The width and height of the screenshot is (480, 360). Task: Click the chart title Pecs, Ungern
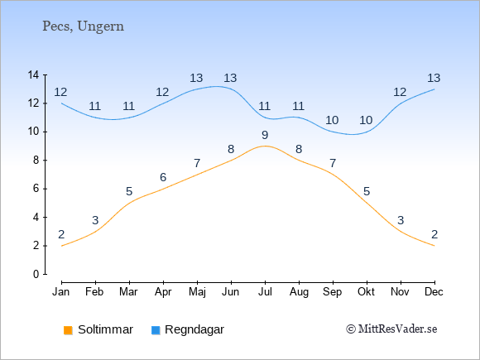click(83, 26)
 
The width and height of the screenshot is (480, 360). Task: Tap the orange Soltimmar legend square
click(68, 330)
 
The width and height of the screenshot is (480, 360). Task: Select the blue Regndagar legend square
click(156, 330)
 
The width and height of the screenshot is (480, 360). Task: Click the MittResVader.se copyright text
click(391, 329)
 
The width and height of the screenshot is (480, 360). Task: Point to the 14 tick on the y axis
click(33, 74)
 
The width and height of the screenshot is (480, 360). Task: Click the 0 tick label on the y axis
click(36, 274)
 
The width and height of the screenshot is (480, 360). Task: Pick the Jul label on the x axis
click(265, 292)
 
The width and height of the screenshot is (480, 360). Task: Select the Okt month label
click(366, 292)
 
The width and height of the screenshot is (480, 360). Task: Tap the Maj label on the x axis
click(197, 292)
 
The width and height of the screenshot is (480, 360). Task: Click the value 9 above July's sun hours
click(265, 135)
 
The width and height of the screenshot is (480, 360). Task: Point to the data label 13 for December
click(434, 78)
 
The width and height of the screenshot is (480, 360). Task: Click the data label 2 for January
click(61, 234)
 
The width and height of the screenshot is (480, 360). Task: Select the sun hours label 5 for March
click(129, 192)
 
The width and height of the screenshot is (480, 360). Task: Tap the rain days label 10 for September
click(332, 120)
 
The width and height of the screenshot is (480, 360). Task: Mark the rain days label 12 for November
click(400, 92)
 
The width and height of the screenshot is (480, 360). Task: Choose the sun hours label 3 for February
click(95, 220)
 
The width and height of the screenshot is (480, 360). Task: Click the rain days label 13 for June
click(230, 78)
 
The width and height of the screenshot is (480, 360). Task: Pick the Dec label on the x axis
click(434, 292)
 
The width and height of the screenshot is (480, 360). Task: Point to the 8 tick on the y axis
click(36, 160)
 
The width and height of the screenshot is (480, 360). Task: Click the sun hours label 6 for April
click(163, 177)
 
